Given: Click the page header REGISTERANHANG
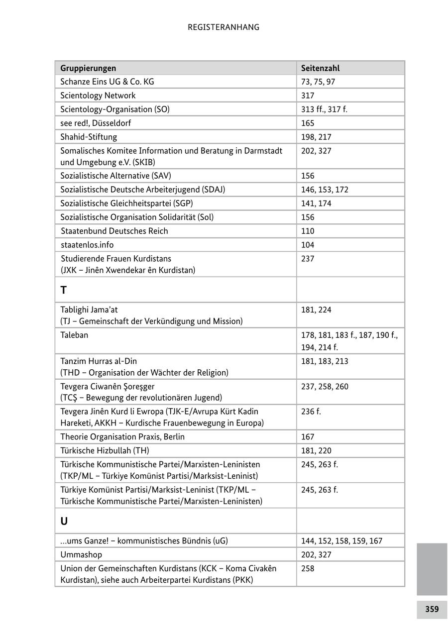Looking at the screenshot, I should click(224, 27).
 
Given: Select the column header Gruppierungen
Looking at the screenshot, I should click(88, 68).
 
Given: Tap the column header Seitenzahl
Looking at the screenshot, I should click(320, 68).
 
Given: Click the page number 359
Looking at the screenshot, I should click(432, 609).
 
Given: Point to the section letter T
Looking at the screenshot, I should click(64, 290).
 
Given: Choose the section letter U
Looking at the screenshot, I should click(64, 521).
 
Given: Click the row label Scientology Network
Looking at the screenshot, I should click(98, 96).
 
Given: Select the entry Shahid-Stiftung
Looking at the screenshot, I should click(89, 137).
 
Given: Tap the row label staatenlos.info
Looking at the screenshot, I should click(87, 245).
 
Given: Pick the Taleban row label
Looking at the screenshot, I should click(74, 335).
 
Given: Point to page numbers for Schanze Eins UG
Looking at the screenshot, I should click(318, 82).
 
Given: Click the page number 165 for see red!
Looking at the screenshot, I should click(308, 123).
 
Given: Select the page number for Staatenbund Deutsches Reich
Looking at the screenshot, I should click(308, 231).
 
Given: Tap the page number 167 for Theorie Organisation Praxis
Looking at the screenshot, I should click(308, 437).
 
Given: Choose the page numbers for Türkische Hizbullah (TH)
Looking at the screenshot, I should click(316, 451).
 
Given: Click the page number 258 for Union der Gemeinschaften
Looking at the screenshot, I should click(308, 568).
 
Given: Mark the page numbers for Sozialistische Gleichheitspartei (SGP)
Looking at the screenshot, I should click(316, 204).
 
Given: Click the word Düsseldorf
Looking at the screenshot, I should click(112, 123).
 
